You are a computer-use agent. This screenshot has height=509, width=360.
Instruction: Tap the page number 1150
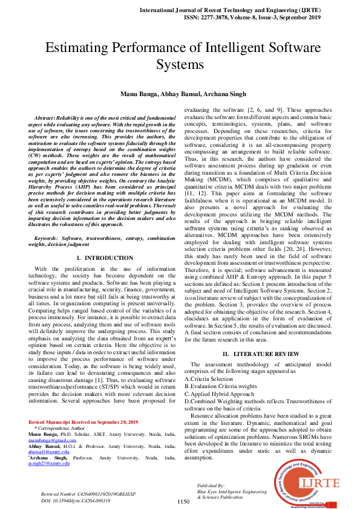click(183, 501)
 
